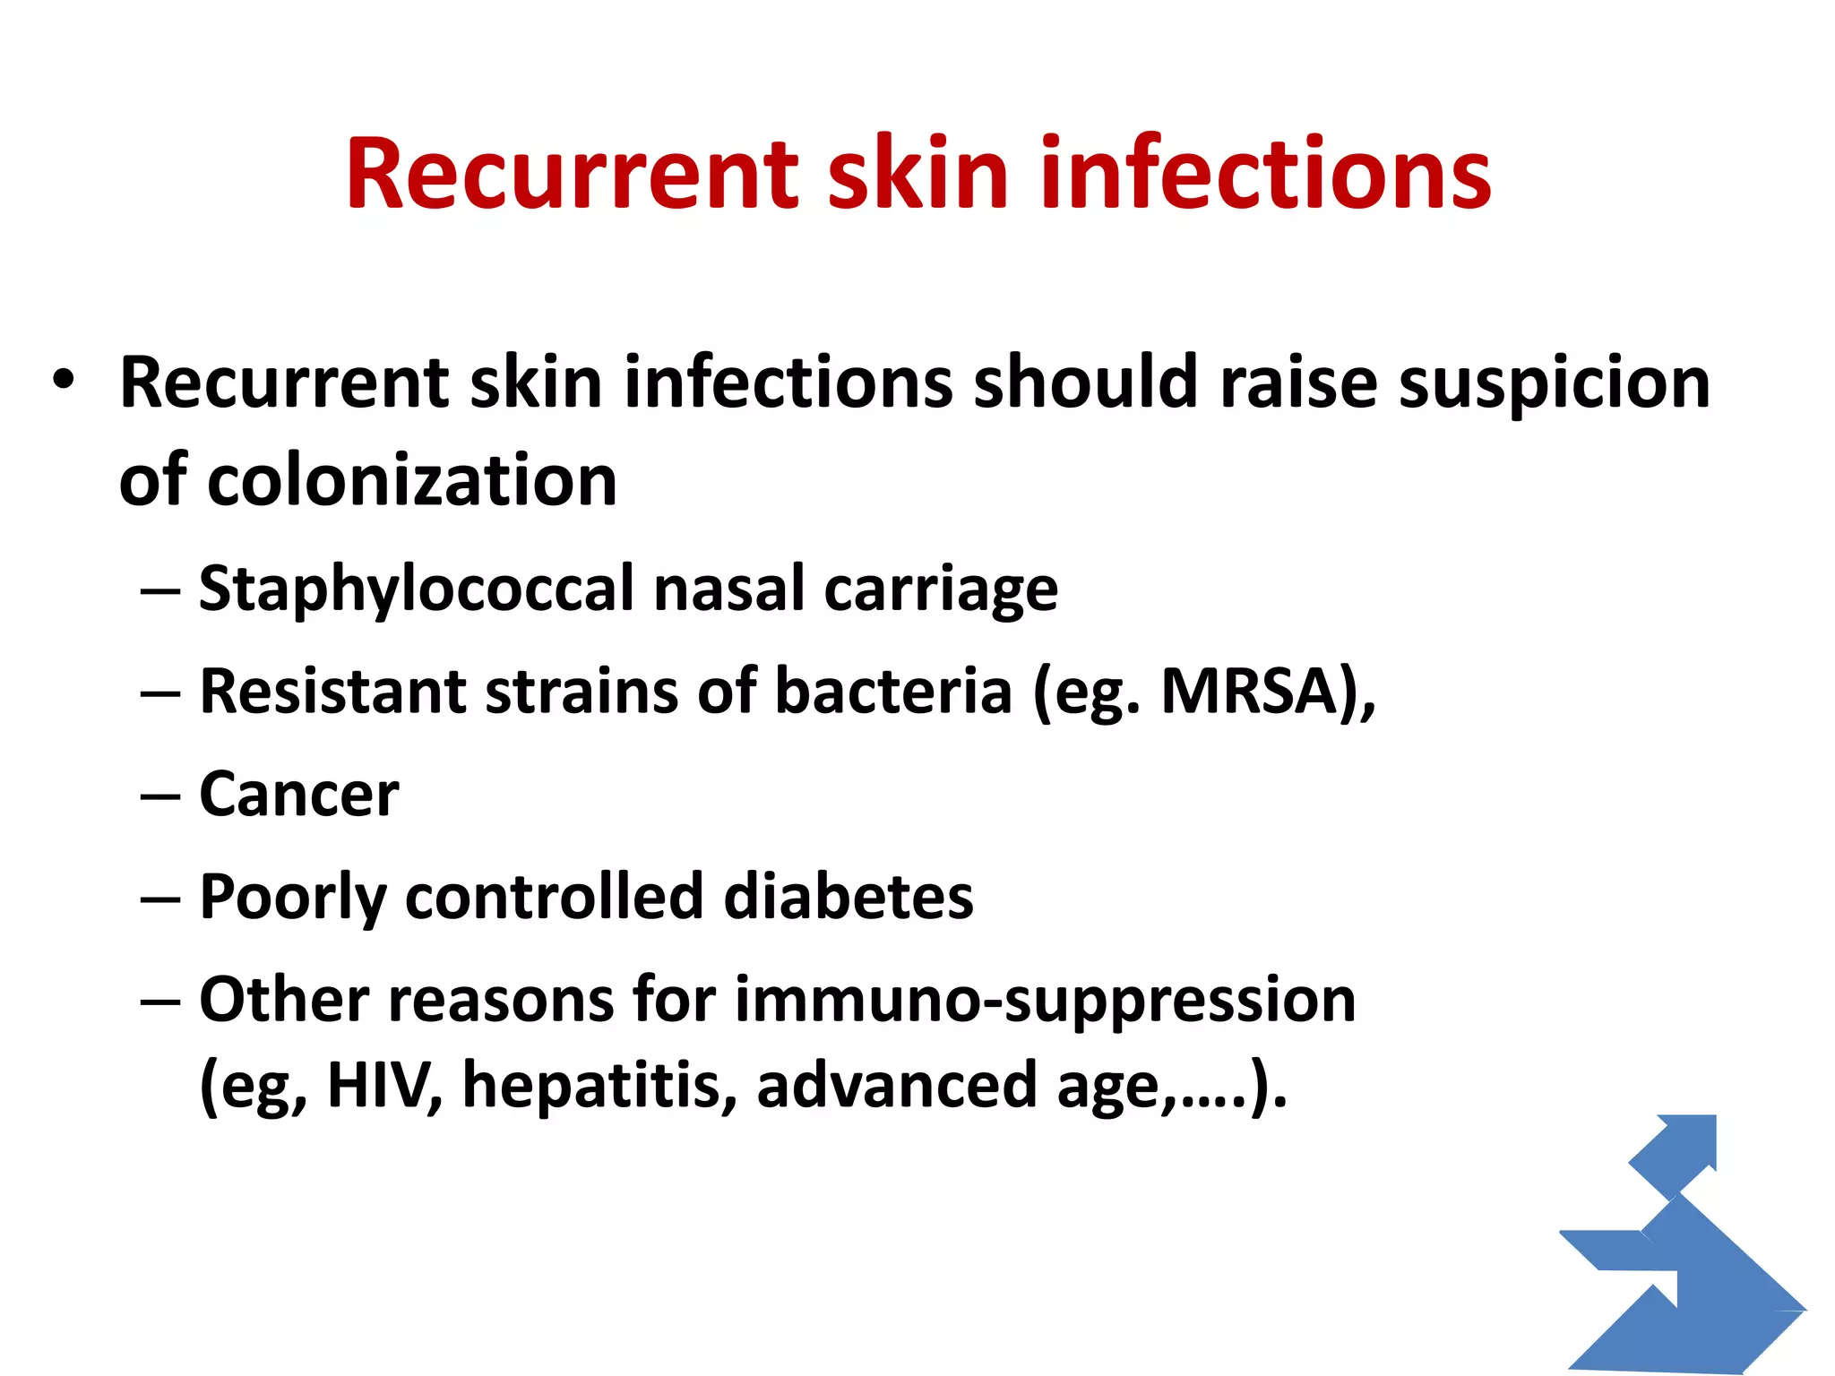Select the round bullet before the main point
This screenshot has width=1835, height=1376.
pyautogui.click(x=62, y=380)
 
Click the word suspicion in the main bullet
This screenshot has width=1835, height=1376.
pyautogui.click(x=1555, y=383)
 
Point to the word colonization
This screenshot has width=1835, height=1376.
pyautogui.click(x=412, y=481)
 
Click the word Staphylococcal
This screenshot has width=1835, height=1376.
pyautogui.click(x=417, y=590)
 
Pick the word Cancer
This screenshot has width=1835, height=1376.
pyautogui.click(x=298, y=795)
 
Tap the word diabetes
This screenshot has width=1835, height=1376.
pyautogui.click(x=848, y=897)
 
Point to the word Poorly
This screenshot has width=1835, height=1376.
pyautogui.click(x=293, y=897)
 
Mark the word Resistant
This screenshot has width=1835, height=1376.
pyautogui.click(x=332, y=692)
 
